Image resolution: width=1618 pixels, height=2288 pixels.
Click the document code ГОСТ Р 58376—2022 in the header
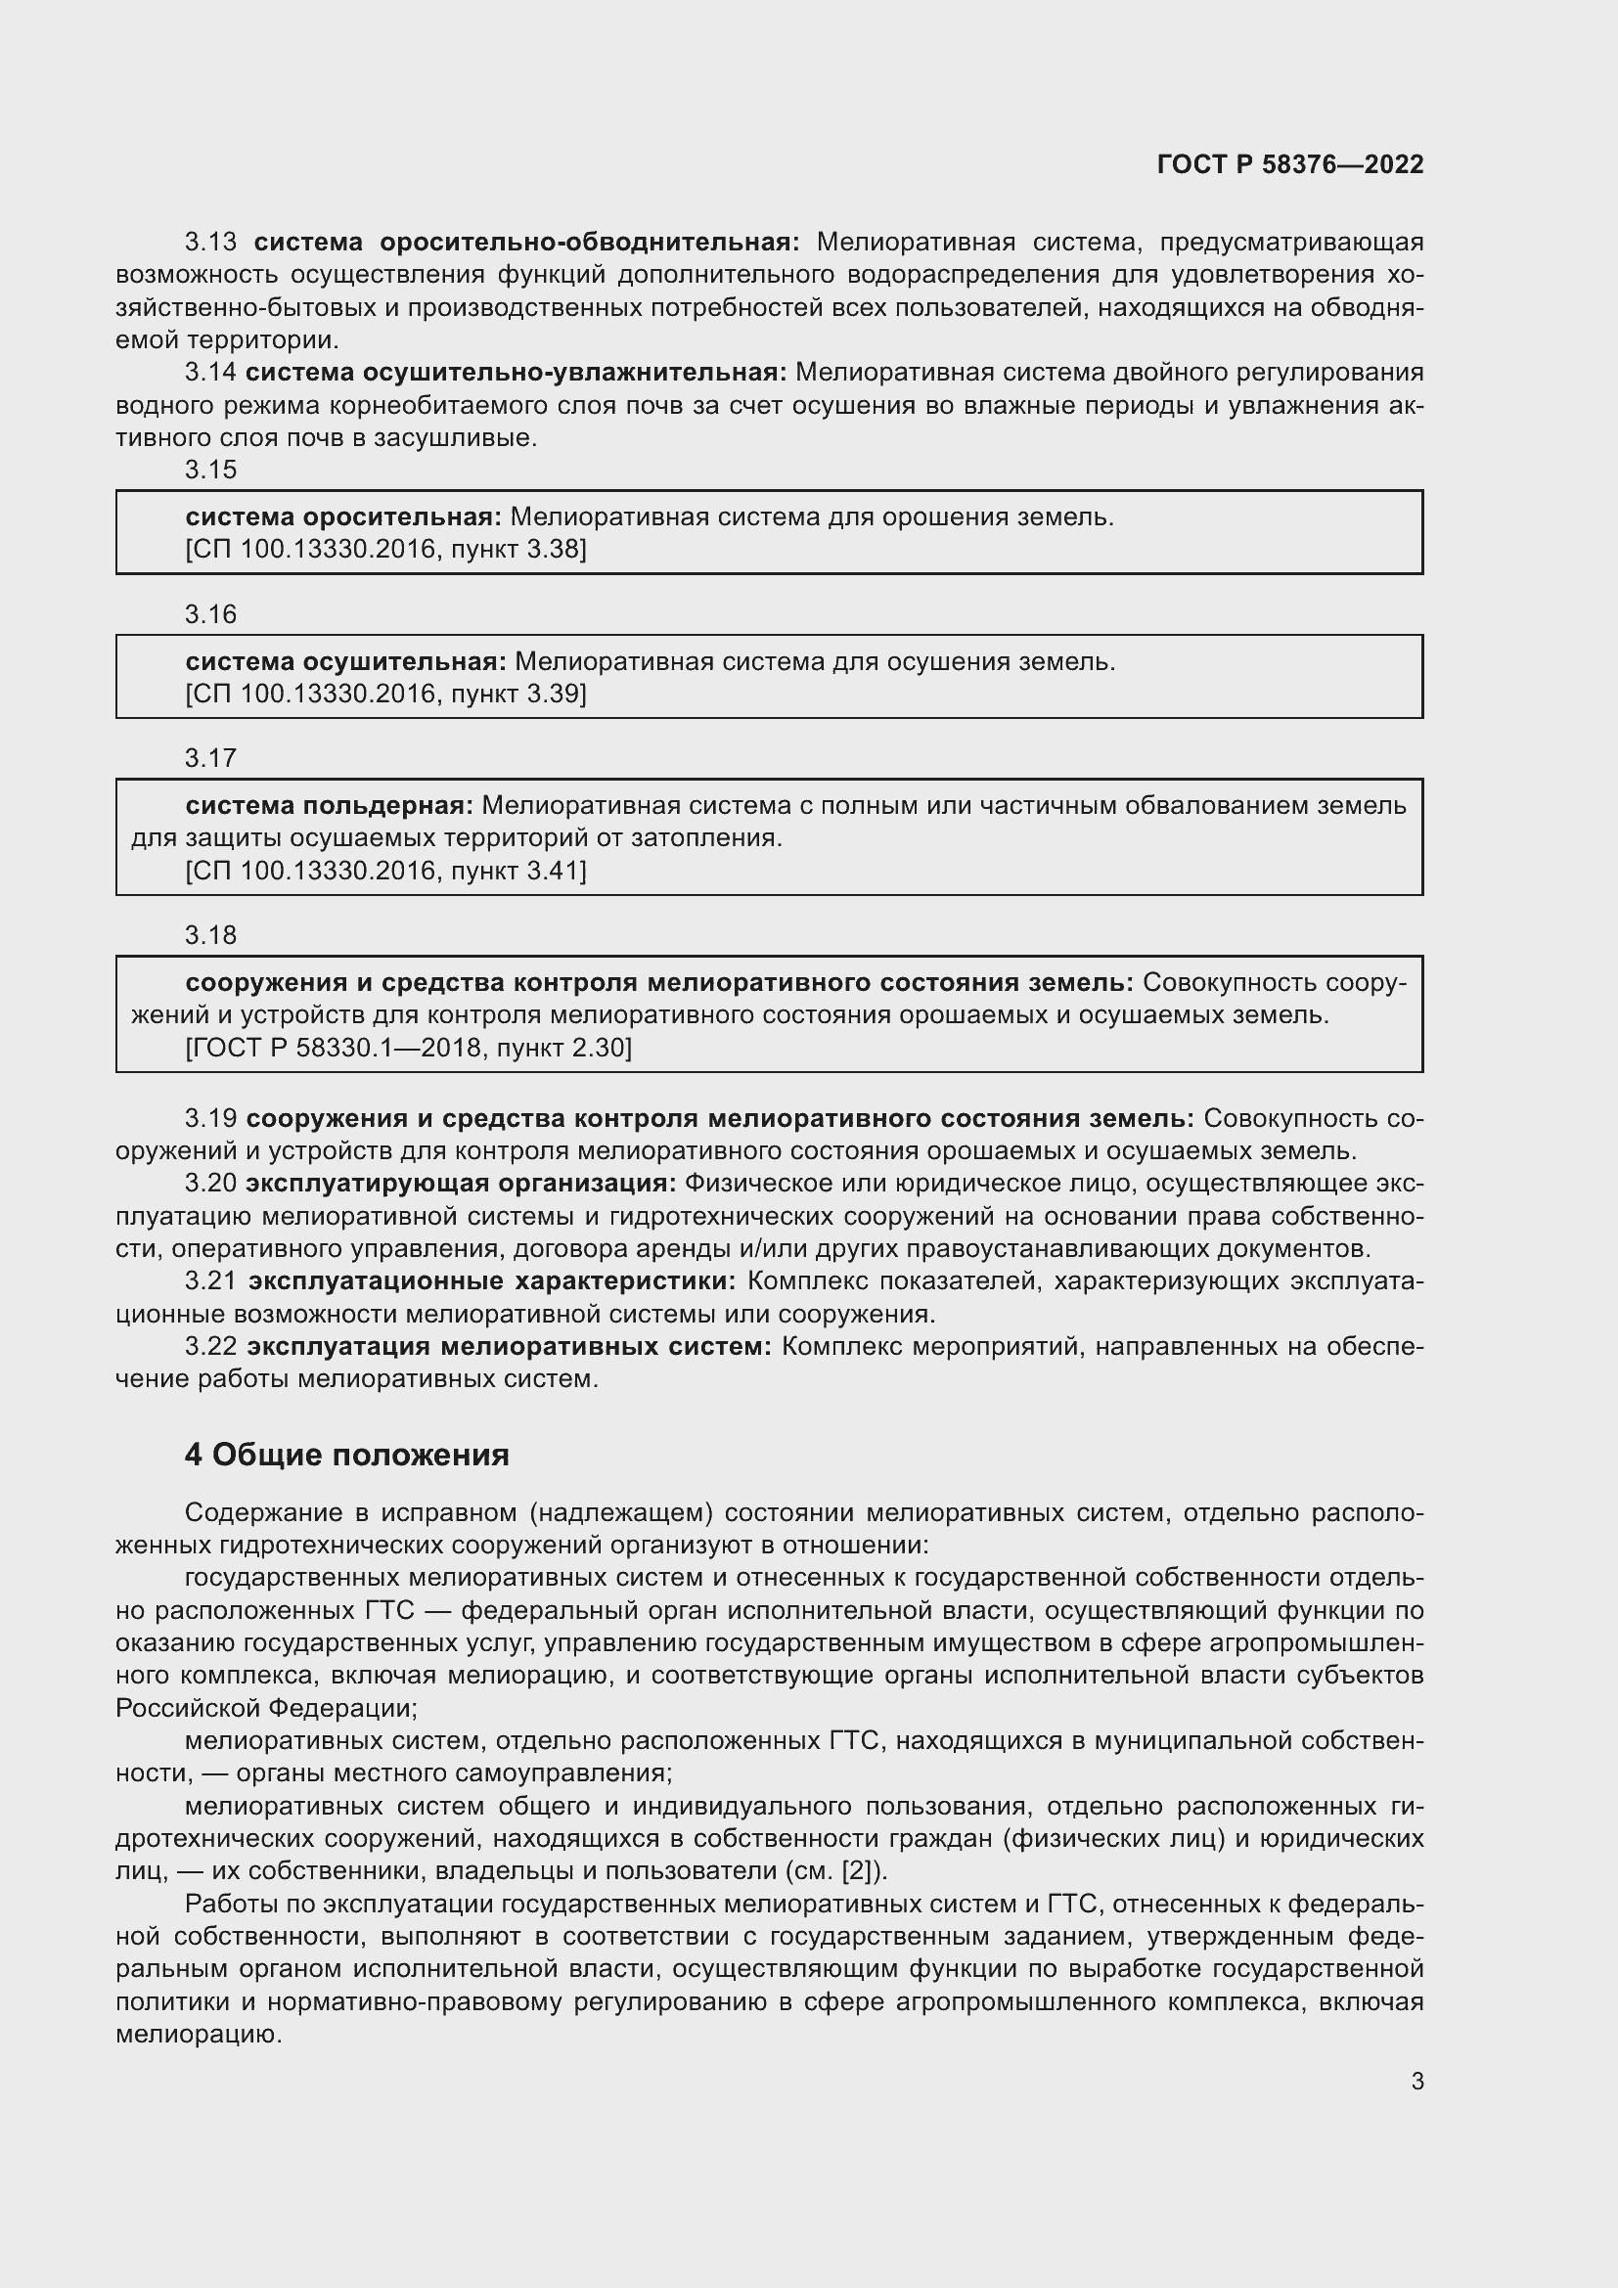[1290, 164]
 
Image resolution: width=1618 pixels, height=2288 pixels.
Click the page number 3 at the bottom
[1416, 2081]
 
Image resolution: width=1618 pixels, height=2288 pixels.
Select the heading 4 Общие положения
[346, 1455]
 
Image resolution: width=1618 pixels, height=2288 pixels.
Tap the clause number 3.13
[210, 243]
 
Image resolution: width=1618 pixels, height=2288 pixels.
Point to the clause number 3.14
[210, 373]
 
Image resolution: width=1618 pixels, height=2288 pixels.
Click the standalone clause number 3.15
[210, 470]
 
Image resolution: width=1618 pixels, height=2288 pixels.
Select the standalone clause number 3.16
[210, 614]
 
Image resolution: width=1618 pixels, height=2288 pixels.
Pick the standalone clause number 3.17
[210, 758]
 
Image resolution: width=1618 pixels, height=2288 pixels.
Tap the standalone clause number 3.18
[210, 935]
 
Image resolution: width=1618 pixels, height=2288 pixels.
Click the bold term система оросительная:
[343, 517]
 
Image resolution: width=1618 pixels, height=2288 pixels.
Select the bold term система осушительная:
[345, 661]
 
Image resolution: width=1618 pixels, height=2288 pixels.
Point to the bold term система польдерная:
[329, 805]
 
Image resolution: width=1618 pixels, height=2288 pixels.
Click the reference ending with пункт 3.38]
[385, 549]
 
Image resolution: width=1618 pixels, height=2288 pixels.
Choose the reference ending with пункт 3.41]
[385, 871]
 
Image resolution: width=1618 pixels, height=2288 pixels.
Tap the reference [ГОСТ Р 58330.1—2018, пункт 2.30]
[409, 1048]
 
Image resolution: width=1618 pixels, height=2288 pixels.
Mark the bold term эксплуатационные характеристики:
[492, 1280]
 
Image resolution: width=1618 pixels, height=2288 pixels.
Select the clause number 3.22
[210, 1346]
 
